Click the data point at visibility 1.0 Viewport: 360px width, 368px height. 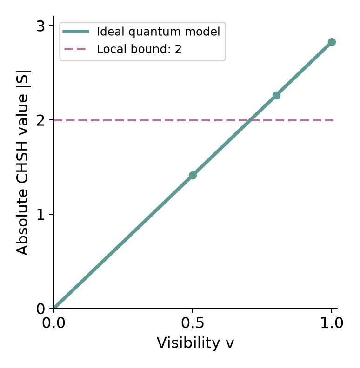[332, 42]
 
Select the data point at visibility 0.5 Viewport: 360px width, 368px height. [193, 175]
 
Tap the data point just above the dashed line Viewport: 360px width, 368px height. [276, 96]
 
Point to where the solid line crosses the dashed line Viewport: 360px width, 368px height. [250, 120]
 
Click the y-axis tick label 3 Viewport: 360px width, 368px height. [40, 26]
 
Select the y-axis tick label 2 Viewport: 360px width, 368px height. [40, 121]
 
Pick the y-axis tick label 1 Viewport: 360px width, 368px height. [40, 215]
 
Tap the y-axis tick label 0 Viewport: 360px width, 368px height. [40, 309]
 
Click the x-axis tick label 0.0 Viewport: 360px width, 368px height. [53, 323]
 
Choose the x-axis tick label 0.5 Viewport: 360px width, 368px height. [193, 323]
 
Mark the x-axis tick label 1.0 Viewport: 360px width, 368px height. [332, 323]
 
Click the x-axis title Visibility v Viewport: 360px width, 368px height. [195, 343]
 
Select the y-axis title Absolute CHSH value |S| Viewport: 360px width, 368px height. [22, 163]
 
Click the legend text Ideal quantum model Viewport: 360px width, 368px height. [159, 32]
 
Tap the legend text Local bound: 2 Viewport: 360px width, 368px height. [139, 49]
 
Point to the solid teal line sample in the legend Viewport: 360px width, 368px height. [76, 32]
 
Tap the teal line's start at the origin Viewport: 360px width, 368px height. [54, 308]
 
